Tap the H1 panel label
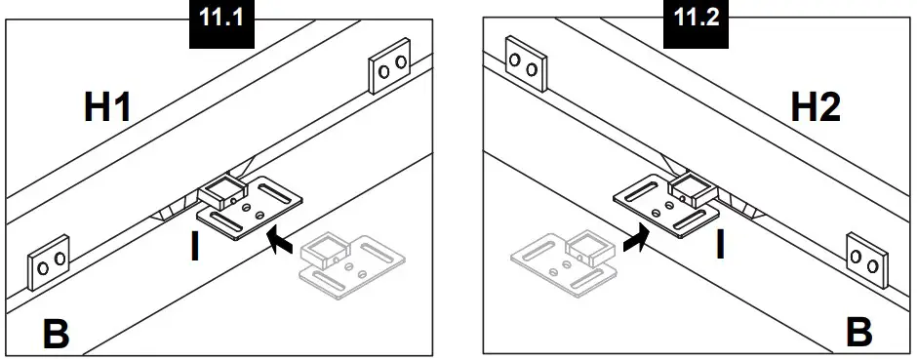tap(108, 107)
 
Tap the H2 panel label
tap(815, 107)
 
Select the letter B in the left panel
tap(55, 336)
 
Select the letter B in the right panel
tap(858, 332)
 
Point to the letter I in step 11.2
tap(720, 244)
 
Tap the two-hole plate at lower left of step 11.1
tap(48, 261)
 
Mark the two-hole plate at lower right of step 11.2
tap(865, 259)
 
